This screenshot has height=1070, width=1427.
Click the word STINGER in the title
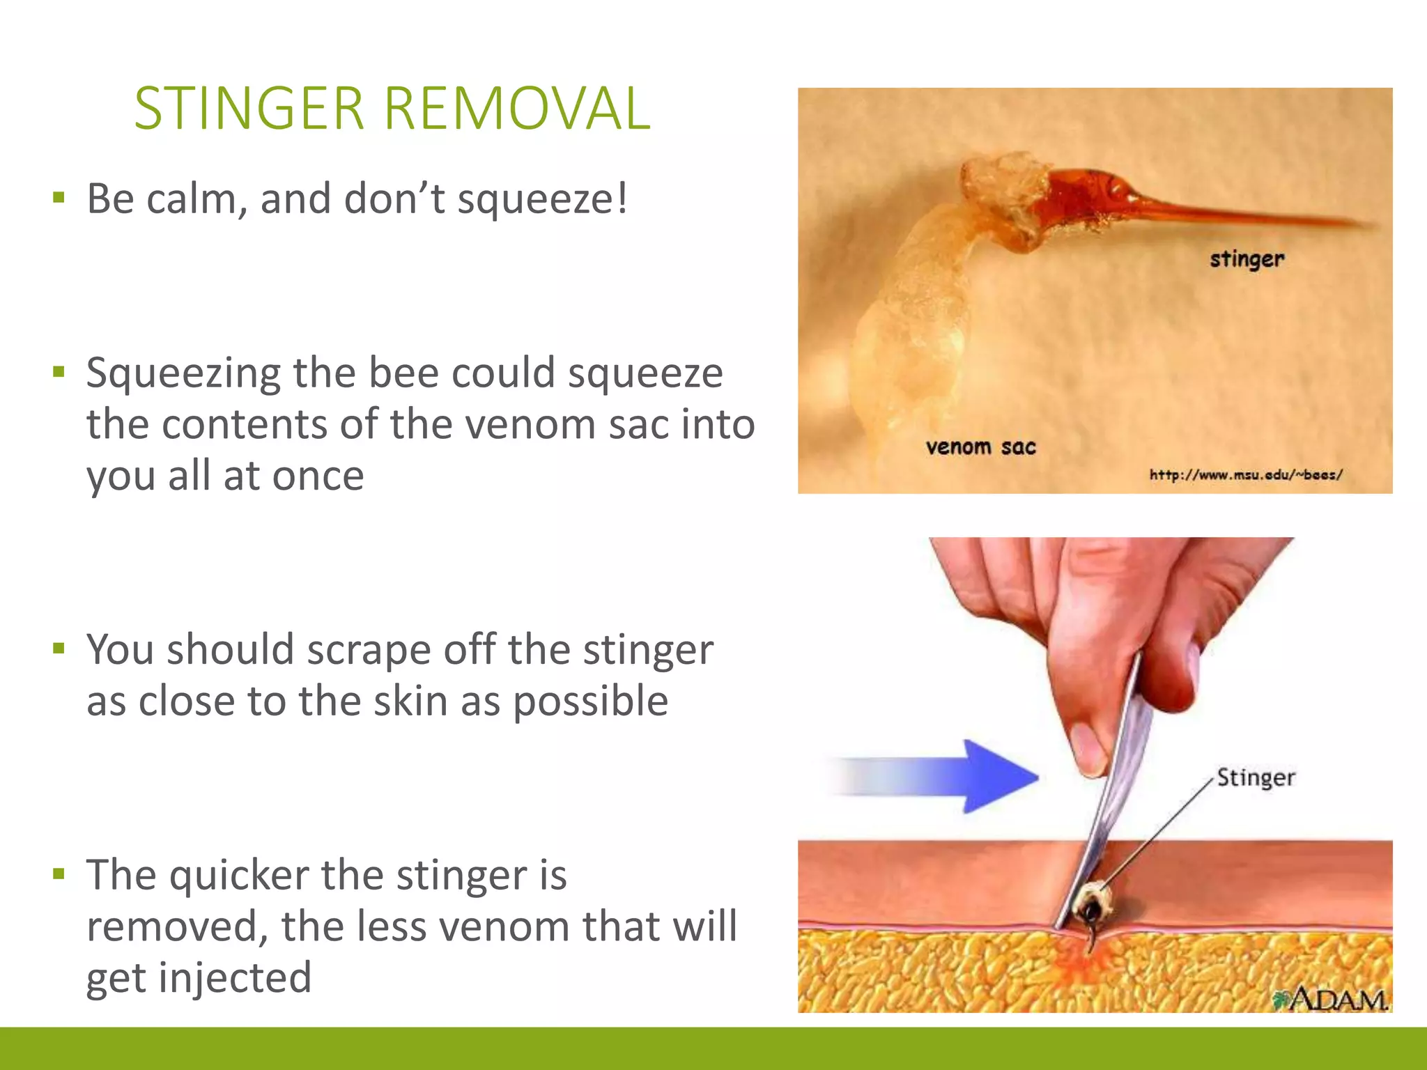(x=249, y=109)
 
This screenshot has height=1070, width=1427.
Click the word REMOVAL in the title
(x=516, y=109)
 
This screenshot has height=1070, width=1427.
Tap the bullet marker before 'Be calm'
(x=59, y=197)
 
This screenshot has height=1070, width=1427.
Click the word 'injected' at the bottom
(x=234, y=978)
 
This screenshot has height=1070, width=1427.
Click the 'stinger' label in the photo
(x=1247, y=259)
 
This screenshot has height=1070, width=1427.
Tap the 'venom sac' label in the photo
(x=980, y=447)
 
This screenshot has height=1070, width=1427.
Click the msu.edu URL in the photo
(x=1245, y=475)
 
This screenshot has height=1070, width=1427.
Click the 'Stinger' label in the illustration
(x=1256, y=777)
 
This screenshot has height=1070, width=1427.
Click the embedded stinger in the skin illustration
(x=1089, y=910)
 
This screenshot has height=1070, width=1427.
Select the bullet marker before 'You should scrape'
(x=59, y=649)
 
